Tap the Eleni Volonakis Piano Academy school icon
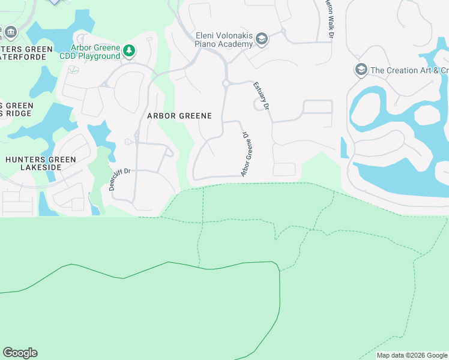tap(262, 40)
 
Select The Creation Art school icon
tap(361, 70)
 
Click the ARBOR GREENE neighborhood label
tap(179, 116)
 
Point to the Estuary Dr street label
tap(262, 95)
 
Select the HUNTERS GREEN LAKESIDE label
tap(40, 164)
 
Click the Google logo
tap(20, 353)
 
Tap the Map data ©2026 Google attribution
tap(412, 355)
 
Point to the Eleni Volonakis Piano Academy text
tap(224, 40)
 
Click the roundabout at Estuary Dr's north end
tap(226, 84)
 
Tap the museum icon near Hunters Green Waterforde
tap(11, 31)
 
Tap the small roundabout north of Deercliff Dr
tap(128, 142)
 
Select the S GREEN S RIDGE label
tap(16, 110)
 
